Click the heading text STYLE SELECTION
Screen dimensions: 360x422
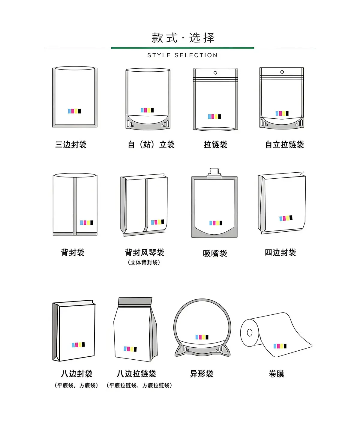coord(182,55)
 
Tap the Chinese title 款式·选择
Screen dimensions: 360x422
coord(183,38)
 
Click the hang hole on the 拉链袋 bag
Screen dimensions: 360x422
coord(215,73)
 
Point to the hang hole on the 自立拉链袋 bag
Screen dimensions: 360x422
coord(282,72)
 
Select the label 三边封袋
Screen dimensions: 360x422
coord(71,144)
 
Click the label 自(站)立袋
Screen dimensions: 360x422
coord(151,144)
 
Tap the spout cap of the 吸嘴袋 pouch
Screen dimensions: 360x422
coord(214,172)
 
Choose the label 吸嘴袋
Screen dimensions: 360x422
coord(215,253)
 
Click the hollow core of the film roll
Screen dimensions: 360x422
coord(250,333)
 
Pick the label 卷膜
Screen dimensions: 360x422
coord(276,374)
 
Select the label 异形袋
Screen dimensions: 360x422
coord(202,374)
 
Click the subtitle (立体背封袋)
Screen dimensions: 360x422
coord(144,262)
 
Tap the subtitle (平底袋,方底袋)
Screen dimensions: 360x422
coord(76,385)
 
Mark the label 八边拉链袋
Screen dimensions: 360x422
coord(136,374)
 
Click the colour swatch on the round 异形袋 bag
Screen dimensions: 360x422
coord(202,337)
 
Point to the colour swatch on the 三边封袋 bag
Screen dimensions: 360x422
coord(74,111)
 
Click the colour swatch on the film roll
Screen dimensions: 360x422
coord(280,346)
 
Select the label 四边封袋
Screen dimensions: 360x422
coord(280,253)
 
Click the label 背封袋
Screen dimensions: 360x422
coord(73,253)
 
